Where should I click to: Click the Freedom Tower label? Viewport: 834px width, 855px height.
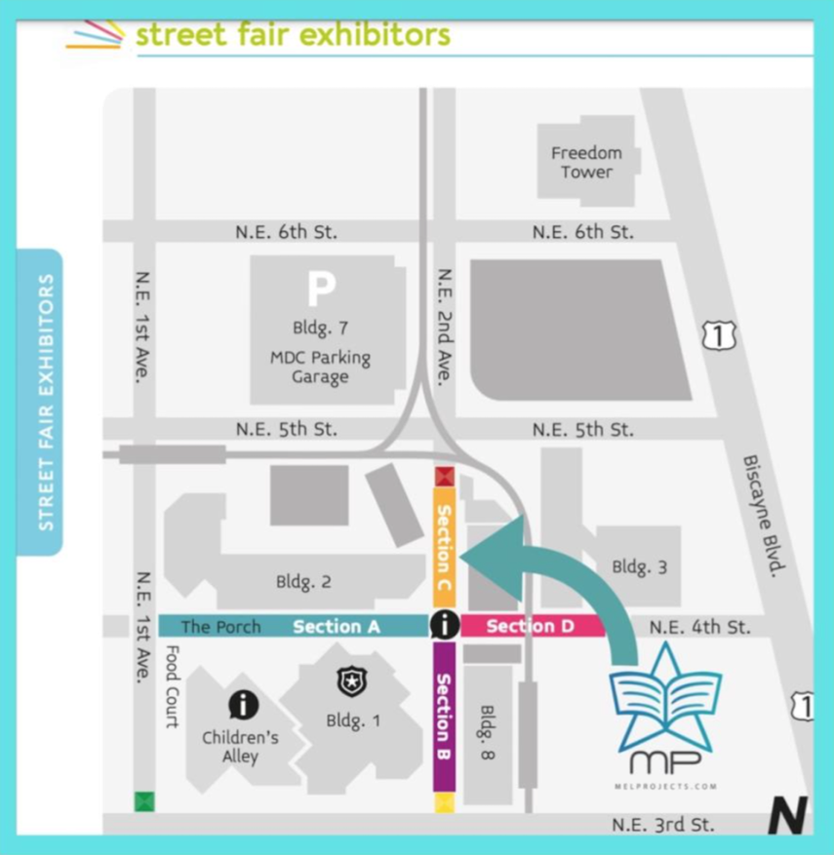[x=585, y=162]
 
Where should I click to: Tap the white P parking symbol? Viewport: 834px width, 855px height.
[x=322, y=289]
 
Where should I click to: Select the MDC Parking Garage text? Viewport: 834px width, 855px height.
[x=320, y=367]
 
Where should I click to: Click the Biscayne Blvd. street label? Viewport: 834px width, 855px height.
[x=764, y=515]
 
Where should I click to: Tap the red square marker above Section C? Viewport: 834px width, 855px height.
[x=445, y=477]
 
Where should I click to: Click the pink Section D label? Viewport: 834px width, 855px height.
[x=530, y=626]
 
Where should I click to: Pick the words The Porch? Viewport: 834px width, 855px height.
[x=220, y=627]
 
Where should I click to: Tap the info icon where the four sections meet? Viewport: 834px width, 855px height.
[x=445, y=625]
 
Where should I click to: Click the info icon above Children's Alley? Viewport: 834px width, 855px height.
[x=243, y=704]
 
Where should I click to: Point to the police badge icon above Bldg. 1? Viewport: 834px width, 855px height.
[x=350, y=680]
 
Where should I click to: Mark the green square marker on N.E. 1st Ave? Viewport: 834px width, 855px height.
[x=144, y=801]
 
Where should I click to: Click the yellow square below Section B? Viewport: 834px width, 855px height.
[x=445, y=802]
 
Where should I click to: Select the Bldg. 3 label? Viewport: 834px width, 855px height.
[x=639, y=566]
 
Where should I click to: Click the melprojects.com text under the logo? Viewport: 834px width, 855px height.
[x=666, y=785]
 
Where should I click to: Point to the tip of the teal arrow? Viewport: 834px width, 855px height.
[x=461, y=555]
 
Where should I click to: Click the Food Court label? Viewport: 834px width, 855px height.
[x=173, y=686]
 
